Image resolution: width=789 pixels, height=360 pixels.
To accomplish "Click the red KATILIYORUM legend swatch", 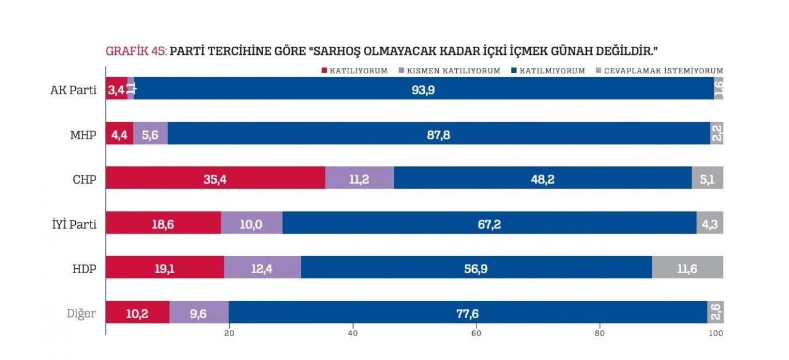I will coord(325,71).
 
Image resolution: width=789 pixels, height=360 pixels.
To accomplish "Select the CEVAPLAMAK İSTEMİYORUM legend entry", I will coord(663,71).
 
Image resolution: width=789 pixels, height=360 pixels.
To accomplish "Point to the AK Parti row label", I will coord(73,89).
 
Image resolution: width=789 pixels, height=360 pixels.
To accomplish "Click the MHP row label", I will coord(84,134).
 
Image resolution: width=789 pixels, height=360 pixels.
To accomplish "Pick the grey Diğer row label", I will coord(81,313).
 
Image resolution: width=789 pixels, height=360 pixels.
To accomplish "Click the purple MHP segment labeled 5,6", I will coord(150,134).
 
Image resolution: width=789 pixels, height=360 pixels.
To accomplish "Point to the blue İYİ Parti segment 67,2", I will coord(489,223).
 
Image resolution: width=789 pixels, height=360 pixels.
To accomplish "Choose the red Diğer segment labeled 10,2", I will coord(137,313).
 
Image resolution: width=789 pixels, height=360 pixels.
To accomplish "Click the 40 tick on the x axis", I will coord(353,333).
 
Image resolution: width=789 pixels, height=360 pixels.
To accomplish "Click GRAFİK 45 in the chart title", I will coord(136,51).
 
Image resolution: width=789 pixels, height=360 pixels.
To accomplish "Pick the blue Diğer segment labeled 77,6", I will coord(467,313).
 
